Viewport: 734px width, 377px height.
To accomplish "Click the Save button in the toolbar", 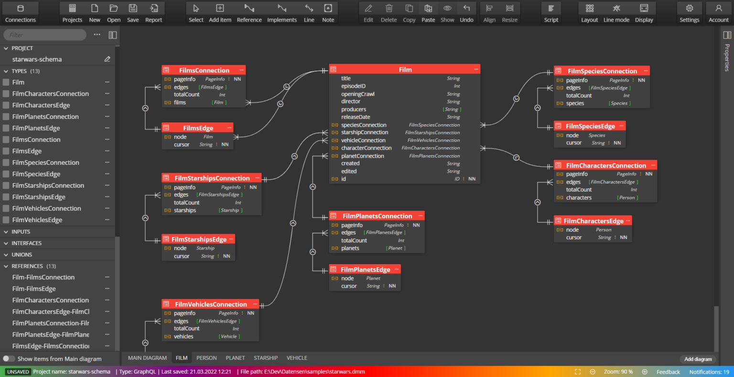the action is coord(133,12).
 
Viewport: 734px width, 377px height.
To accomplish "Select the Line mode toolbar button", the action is coord(616,12).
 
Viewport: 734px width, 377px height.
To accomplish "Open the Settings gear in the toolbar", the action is coord(689,12).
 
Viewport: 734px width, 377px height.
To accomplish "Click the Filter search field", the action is coord(45,35).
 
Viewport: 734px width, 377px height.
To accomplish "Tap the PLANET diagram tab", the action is coord(235,358).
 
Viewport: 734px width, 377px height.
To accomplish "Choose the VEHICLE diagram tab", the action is coord(297,358).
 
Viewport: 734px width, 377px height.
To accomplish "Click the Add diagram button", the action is coord(698,359).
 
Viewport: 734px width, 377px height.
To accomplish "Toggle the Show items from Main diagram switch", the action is coord(9,359).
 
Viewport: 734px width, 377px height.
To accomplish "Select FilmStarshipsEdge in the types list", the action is coord(39,197).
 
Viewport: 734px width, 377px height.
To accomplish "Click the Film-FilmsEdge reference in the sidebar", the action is coord(34,289).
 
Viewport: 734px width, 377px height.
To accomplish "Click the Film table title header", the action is coord(405,69).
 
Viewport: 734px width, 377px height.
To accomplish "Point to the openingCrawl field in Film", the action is coord(357,94).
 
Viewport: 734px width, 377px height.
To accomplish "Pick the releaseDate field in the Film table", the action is coord(356,117).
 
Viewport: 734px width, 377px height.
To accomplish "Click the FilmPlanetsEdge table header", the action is coord(365,269).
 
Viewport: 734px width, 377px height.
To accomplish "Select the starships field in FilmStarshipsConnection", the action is coord(185,210).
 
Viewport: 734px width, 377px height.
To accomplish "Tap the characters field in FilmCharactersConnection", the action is coord(579,197).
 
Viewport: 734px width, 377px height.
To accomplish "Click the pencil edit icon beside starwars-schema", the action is coord(107,59).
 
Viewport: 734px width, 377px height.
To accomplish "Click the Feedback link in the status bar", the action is coord(668,372).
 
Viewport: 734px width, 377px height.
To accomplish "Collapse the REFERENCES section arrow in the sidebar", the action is coord(6,266).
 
